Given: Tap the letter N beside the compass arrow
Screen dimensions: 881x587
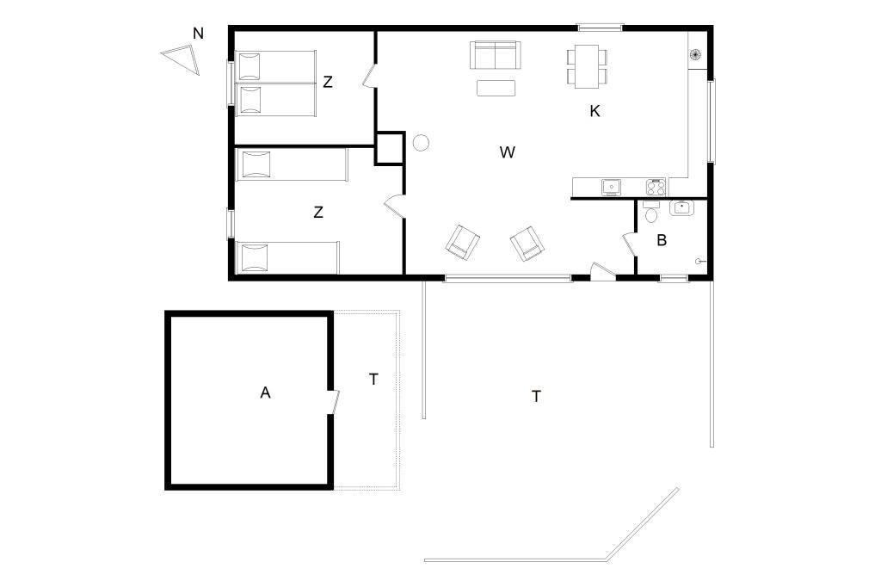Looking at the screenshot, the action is pos(198,34).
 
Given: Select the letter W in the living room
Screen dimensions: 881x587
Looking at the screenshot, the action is pos(507,152).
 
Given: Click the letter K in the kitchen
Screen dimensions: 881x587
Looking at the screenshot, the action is pos(595,111).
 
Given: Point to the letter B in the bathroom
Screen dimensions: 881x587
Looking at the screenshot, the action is pos(662,240).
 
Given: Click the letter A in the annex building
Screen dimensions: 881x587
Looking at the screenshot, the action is pos(265,392).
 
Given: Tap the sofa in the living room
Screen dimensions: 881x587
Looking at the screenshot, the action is pos(496,54).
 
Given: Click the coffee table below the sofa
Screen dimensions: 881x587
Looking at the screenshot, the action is pos(496,89).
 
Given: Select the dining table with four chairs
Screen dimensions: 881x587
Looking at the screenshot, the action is pos(587,66).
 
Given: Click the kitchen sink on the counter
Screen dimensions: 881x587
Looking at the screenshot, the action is pos(612,187).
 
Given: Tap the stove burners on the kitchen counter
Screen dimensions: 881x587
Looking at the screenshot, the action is pos(656,187).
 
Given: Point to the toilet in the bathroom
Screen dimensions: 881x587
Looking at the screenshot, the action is pos(652,212).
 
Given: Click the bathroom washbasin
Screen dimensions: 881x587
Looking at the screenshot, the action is pos(682,207).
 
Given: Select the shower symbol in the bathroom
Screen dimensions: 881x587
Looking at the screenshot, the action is pos(700,261).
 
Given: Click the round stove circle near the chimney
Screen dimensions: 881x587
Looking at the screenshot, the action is pos(421,143).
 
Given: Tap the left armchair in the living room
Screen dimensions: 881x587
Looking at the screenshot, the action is pos(462,243).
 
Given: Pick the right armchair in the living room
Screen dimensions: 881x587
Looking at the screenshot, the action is pos(527,244).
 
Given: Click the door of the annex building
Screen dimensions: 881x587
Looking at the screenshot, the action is pos(335,402).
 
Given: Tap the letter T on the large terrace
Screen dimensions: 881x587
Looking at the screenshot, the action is pos(536,397).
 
